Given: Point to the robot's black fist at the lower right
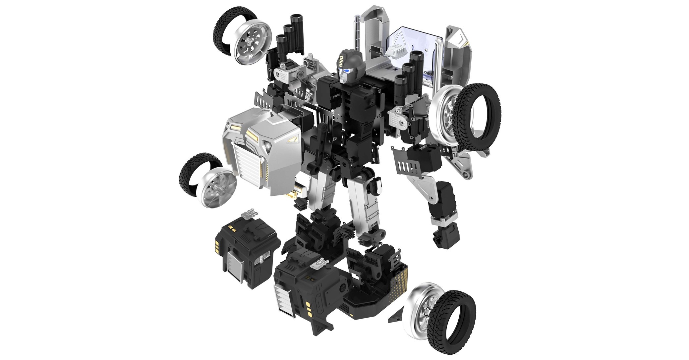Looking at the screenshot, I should click(x=446, y=233).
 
